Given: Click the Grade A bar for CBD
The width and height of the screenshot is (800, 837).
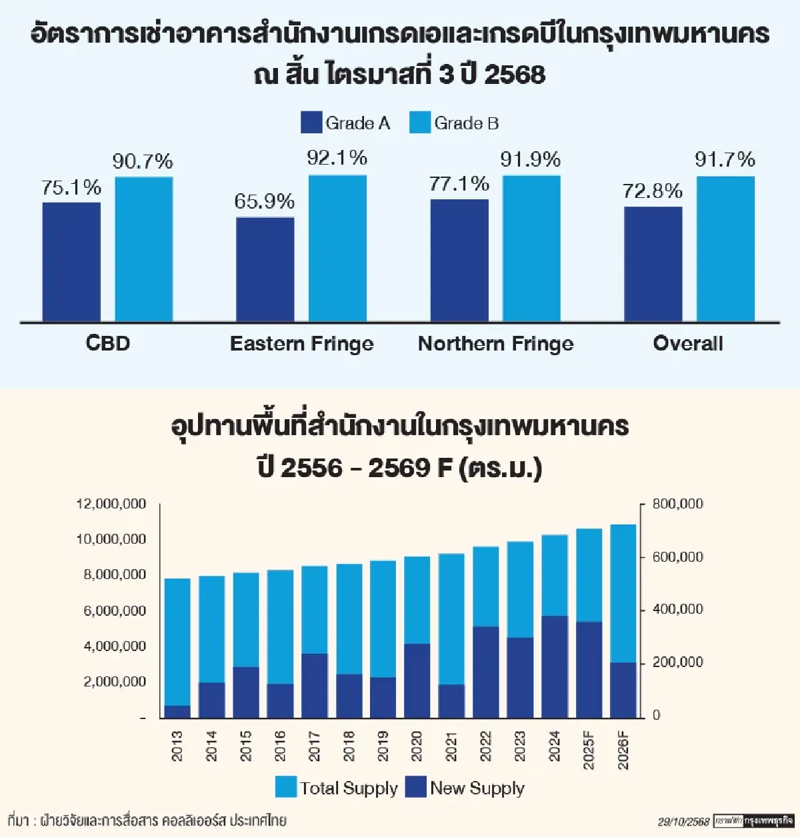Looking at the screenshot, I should (x=71, y=262).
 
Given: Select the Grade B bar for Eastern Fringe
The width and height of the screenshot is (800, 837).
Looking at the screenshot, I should (x=337, y=249).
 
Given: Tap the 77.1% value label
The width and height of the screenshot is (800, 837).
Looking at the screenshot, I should (x=459, y=184).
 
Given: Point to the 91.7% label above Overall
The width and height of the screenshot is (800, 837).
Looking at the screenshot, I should (x=725, y=159).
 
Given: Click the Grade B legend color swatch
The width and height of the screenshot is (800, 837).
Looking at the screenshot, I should (x=420, y=123).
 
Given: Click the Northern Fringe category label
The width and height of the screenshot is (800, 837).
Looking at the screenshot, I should (x=495, y=344).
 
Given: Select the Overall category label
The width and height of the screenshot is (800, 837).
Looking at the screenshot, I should (x=688, y=344).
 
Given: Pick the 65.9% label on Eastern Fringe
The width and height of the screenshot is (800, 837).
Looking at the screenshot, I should (x=264, y=201).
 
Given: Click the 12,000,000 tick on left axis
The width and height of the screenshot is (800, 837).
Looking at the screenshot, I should (x=111, y=504).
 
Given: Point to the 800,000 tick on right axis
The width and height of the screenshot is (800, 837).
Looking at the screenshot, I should (x=677, y=504).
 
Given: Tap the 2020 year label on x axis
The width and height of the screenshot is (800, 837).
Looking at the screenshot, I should (x=417, y=746).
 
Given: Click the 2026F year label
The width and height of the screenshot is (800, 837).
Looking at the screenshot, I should (x=623, y=750).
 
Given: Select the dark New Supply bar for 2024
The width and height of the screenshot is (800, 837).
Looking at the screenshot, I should (x=555, y=666).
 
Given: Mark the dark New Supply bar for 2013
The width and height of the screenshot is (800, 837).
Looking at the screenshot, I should (x=177, y=711).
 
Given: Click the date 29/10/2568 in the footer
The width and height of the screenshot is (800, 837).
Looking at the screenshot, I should (x=683, y=822).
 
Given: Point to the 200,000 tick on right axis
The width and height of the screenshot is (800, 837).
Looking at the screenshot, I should (x=677, y=662).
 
